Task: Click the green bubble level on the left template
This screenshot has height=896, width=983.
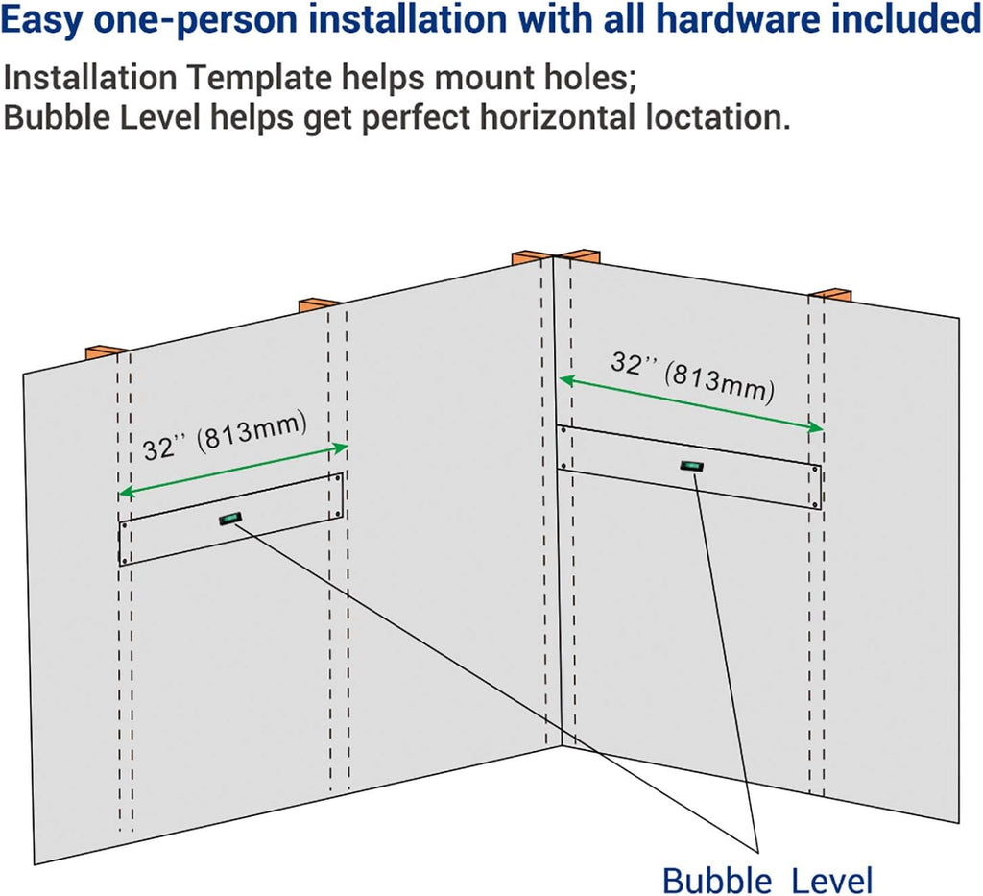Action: click(230, 519)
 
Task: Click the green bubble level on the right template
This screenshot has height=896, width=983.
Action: click(691, 466)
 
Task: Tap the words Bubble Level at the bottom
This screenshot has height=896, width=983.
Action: click(767, 881)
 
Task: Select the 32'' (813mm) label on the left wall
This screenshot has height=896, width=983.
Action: click(225, 436)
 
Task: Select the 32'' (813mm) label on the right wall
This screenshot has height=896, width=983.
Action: click(693, 376)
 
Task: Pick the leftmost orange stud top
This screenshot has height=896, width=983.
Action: click(108, 351)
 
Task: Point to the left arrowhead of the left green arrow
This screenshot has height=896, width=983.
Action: click(126, 493)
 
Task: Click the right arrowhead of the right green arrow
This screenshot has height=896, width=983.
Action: click(816, 427)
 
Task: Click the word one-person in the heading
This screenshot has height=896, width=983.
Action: click(196, 20)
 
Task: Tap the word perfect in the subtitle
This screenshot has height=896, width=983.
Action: click(417, 118)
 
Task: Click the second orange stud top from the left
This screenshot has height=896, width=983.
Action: click(319, 304)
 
